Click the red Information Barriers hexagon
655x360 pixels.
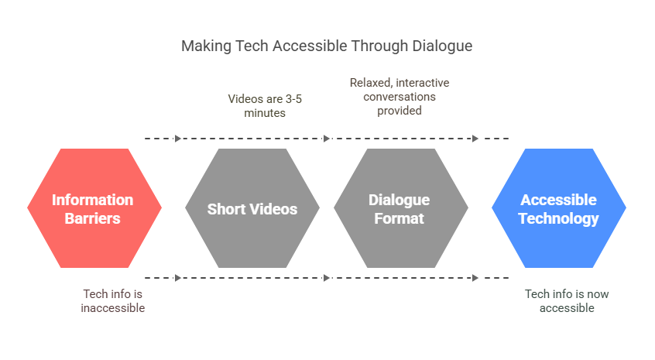click(x=94, y=208)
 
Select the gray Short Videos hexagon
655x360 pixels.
click(x=252, y=208)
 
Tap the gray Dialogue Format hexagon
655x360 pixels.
click(x=401, y=208)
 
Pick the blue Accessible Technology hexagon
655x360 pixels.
click(x=559, y=208)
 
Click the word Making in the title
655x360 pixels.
click(x=206, y=46)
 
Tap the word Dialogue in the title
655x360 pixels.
click(x=442, y=46)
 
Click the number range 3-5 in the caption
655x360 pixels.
click(x=293, y=99)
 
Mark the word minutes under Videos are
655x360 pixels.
click(x=265, y=113)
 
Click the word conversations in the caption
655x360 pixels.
click(x=400, y=97)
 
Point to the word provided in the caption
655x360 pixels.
click(x=400, y=111)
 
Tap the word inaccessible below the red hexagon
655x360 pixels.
click(x=113, y=308)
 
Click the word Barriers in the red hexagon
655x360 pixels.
click(x=92, y=218)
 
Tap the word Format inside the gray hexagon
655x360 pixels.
click(x=399, y=218)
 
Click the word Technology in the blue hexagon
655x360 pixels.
click(x=559, y=219)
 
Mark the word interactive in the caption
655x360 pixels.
click(x=423, y=83)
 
